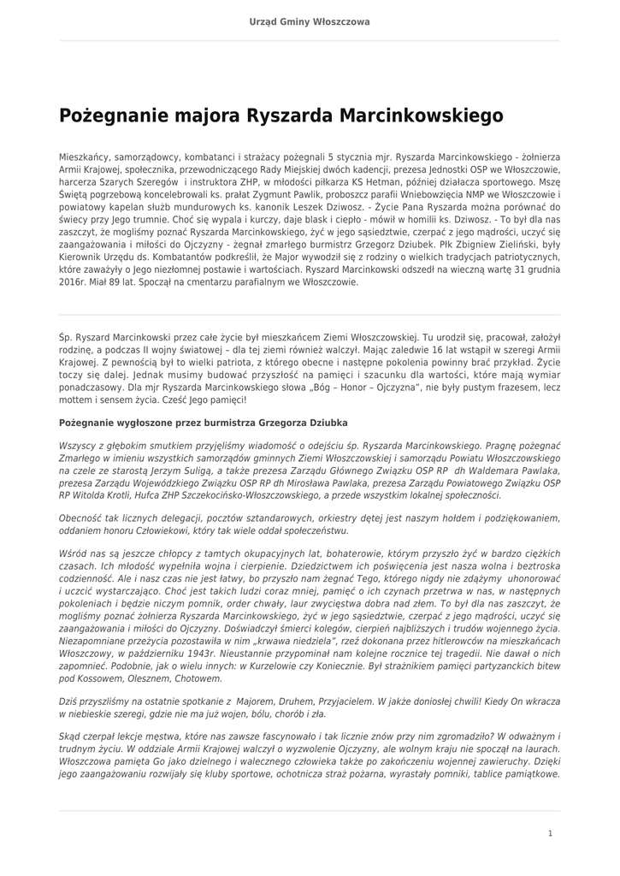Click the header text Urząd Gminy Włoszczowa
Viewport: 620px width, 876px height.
point(310,21)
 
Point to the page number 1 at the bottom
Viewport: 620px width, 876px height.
point(550,833)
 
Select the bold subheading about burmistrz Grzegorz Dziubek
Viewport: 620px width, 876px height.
point(204,423)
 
